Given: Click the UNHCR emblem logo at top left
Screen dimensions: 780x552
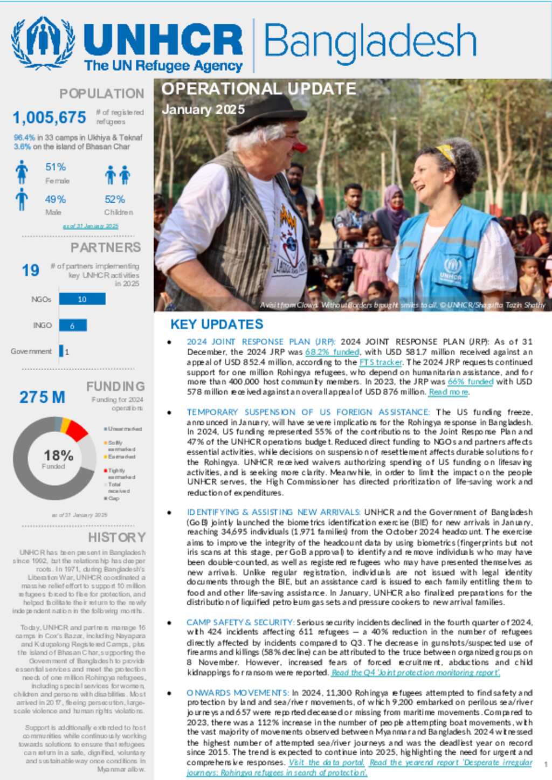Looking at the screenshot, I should click(x=43, y=43).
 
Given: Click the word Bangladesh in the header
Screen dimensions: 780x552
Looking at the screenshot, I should click(x=370, y=42).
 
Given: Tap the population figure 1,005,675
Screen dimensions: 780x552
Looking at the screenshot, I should click(x=49, y=117).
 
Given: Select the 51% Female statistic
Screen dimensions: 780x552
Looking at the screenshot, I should click(x=56, y=167).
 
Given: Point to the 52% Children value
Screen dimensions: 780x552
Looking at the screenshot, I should click(x=115, y=199).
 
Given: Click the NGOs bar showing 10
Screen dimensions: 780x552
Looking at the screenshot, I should click(x=82, y=299).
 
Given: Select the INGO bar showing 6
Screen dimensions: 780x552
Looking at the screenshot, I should click(x=72, y=326).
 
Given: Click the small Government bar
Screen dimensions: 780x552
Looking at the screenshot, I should click(x=61, y=351).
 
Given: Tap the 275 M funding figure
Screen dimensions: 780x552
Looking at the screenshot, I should click(x=42, y=397).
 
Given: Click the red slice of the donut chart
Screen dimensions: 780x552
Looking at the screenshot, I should click(x=77, y=431).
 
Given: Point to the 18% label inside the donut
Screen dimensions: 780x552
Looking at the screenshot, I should click(x=58, y=456).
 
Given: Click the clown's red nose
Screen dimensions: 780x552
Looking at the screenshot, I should click(x=300, y=147).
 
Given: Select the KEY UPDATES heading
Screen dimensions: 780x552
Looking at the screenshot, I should click(x=217, y=324).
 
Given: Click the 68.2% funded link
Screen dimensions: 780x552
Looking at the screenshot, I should click(x=332, y=352).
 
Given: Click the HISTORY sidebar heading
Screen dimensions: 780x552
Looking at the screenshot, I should click(x=116, y=537).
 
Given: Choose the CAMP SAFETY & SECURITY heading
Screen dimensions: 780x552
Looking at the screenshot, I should click(x=240, y=622).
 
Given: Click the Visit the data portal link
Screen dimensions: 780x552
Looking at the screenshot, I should click(x=327, y=762).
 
